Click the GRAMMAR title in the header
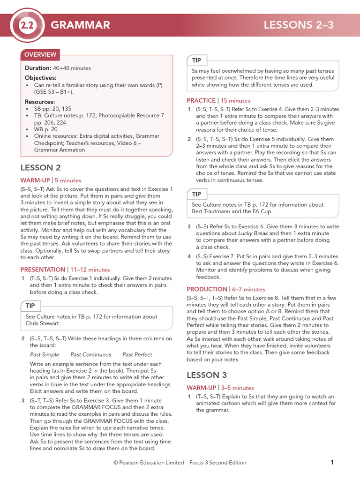coord(80,25)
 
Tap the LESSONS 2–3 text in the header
coord(299,25)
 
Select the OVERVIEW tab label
coord(40,54)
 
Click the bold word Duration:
coord(38,68)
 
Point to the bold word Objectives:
coord(40,78)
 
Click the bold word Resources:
coord(40,102)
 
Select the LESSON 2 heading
coord(41,168)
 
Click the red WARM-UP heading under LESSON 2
coord(35,180)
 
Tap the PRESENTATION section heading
coord(43,270)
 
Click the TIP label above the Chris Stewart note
coord(30,306)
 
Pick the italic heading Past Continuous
coord(91,354)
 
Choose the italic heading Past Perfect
coord(137,354)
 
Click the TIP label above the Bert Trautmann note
coord(196,194)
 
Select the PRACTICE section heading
coord(202,100)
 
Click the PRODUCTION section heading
coord(207,289)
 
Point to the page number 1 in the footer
coord(332,463)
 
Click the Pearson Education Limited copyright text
coord(149,463)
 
